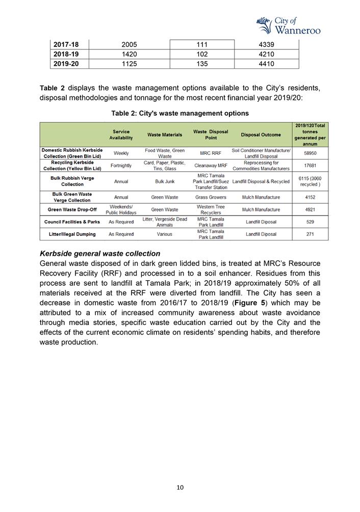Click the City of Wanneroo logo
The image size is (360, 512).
[288, 25]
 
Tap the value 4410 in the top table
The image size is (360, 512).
[266, 64]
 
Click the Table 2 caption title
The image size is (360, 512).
[180, 113]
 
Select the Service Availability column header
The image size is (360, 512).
[121, 135]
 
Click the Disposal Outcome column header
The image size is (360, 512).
[261, 135]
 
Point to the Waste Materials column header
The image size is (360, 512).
[164, 135]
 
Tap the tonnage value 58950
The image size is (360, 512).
[310, 153]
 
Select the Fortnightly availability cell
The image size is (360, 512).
[121, 166]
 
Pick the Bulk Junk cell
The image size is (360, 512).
[164, 181]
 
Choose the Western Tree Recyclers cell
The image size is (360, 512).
[211, 209]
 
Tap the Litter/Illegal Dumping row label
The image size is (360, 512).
[72, 234]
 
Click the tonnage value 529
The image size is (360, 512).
[310, 222]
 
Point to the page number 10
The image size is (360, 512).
[180, 488]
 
